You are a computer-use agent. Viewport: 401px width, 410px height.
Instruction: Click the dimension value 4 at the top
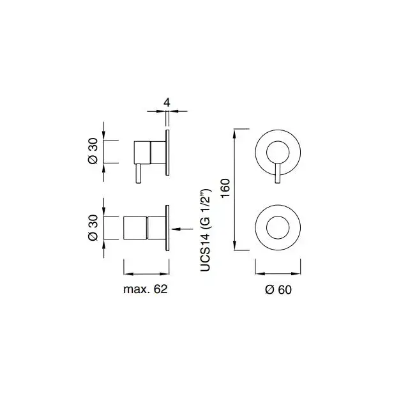point(167,102)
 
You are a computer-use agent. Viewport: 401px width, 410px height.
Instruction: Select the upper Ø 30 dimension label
point(93,151)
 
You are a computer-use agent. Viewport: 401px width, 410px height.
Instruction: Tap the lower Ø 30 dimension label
point(93,228)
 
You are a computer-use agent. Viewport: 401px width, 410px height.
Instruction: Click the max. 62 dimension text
point(146,289)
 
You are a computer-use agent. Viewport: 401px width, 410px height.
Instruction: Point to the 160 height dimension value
point(225,188)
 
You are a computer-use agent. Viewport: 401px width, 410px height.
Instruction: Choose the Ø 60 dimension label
point(278,290)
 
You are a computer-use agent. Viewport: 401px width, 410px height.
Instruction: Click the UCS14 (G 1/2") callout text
point(205,230)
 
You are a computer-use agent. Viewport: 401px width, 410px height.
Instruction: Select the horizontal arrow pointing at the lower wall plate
point(182,229)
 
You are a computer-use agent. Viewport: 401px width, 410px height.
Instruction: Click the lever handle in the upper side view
point(139,173)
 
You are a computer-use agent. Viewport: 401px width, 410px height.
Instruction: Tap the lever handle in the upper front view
point(278,173)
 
